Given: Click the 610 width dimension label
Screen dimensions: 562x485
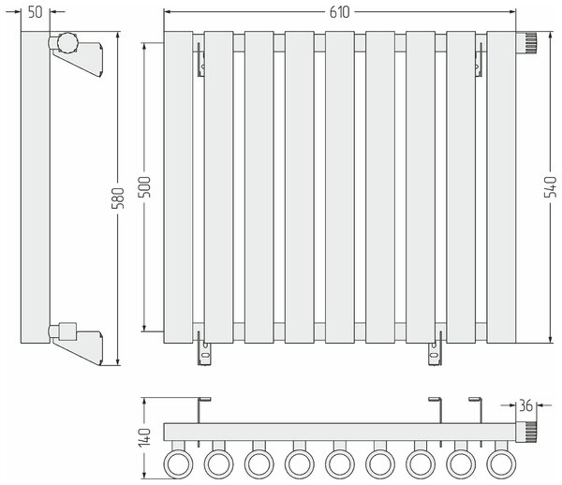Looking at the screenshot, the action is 339,12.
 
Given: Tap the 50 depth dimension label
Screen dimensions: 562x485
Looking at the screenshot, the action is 36,12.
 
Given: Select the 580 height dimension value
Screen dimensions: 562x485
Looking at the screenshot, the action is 118,198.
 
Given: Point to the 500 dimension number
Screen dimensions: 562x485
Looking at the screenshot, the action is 145,187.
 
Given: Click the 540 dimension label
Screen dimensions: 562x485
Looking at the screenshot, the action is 550,186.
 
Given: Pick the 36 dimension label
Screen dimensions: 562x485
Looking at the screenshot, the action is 525,405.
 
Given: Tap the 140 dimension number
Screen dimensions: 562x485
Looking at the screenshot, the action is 145,437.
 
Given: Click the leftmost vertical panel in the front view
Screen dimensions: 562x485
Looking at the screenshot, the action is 178,187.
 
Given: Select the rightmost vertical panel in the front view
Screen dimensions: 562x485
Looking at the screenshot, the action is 501,187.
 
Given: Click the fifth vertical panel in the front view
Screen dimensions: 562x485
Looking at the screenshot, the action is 340,187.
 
